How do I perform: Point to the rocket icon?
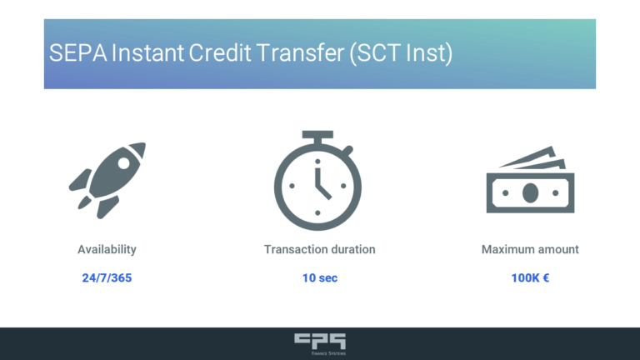coord(107,180)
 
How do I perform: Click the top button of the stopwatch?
coord(317,135)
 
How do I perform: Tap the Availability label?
coord(107,249)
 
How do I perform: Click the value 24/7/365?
coord(107,277)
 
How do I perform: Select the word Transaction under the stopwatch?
coord(293,249)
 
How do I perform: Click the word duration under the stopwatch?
coord(351,249)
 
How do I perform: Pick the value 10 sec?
coord(320,277)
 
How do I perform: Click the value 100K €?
coord(530,277)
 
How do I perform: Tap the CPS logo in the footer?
coord(320,339)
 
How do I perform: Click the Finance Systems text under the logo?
coord(320,352)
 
